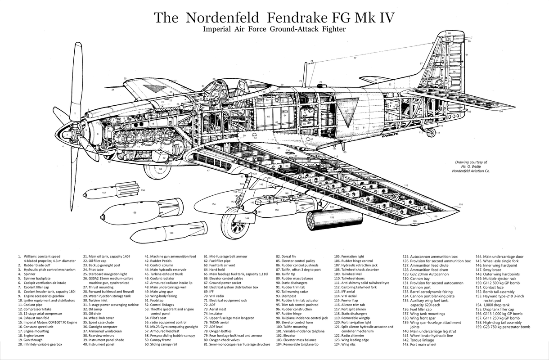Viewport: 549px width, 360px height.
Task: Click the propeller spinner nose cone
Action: pyautogui.click(x=67, y=134)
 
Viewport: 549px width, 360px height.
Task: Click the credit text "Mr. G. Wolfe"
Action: pyautogui.click(x=471, y=166)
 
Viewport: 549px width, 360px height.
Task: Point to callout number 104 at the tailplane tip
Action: pyautogui.click(x=501, y=112)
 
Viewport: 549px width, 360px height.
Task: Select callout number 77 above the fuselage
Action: pyautogui.click(x=355, y=58)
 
